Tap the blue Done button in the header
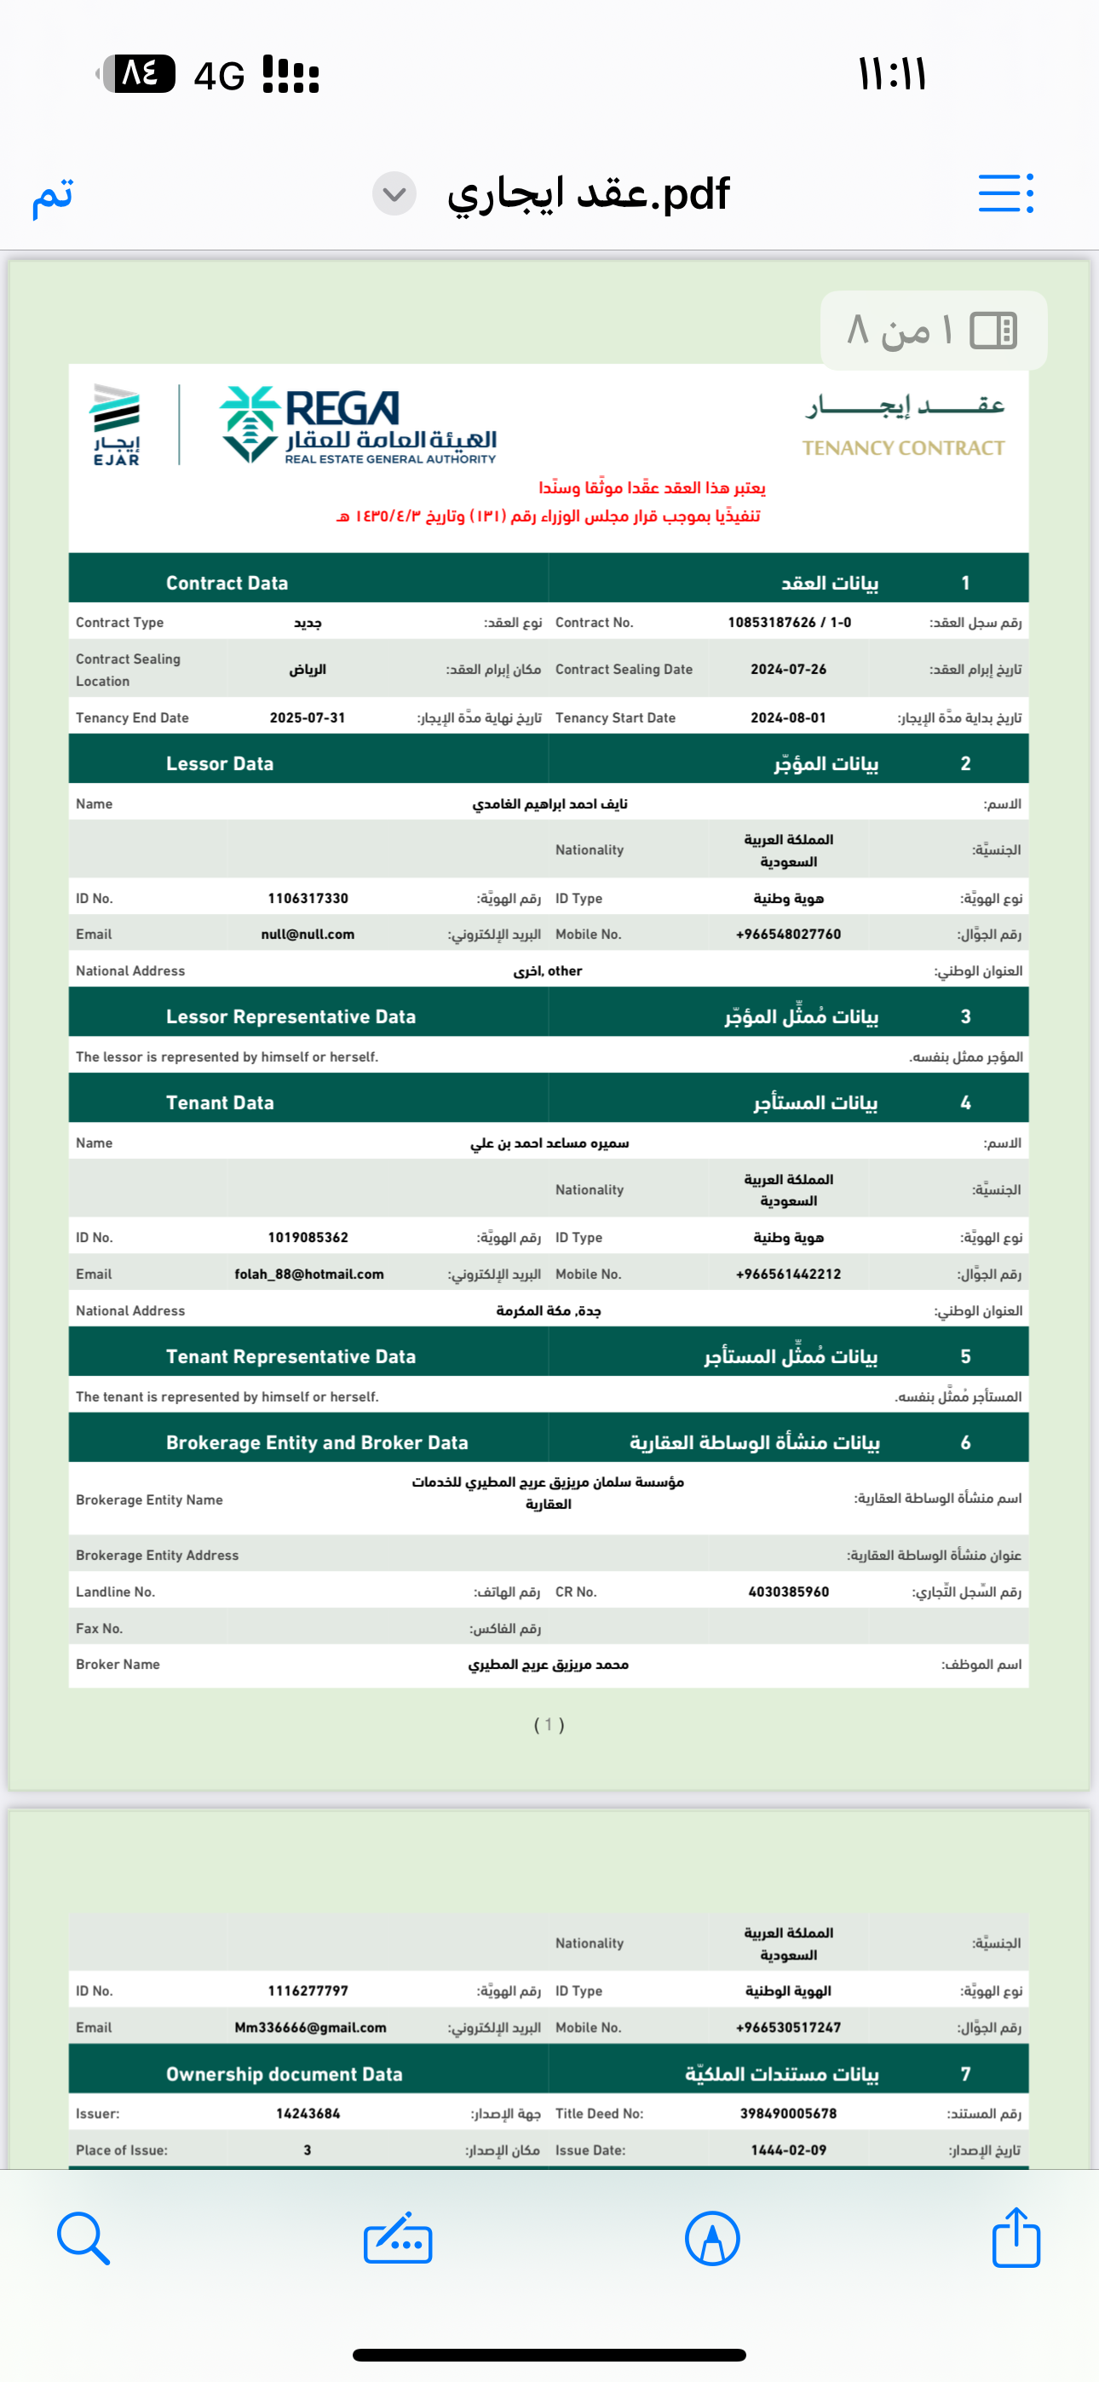[53, 194]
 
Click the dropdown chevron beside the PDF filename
[394, 194]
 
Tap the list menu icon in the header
[1005, 193]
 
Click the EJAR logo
[116, 424]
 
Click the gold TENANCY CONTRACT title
[903, 447]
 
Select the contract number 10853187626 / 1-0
[789, 622]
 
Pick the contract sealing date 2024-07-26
[788, 669]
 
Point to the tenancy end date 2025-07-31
[308, 717]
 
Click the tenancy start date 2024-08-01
[788, 717]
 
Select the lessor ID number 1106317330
[308, 898]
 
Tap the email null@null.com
[308, 934]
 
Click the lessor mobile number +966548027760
[788, 934]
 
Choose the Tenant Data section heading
[220, 1102]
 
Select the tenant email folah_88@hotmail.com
[309, 1274]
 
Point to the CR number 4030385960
[788, 1591]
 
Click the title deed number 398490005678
[788, 2113]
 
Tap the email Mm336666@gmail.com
[310, 2027]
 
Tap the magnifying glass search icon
[83, 2238]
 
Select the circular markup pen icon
[712, 2239]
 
